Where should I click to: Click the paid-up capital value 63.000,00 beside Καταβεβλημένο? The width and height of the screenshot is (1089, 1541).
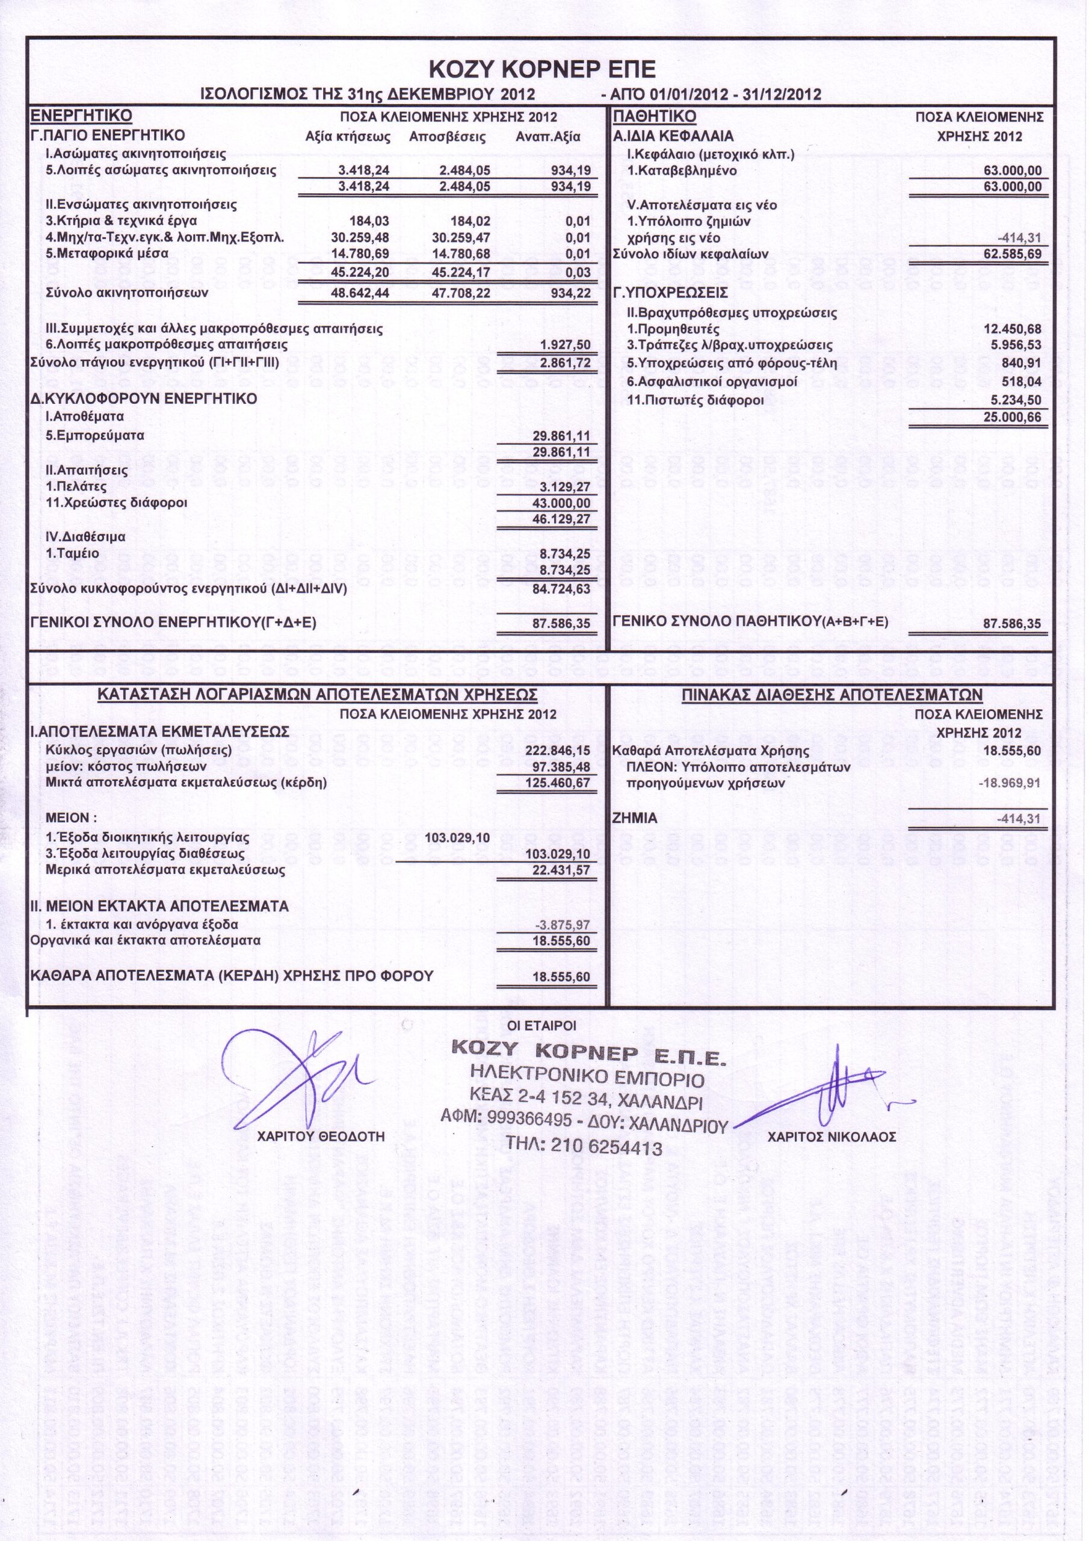click(x=1013, y=170)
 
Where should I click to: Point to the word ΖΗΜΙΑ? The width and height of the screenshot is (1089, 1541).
click(x=635, y=819)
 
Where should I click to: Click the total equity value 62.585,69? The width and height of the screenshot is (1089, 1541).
click(x=1013, y=255)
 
